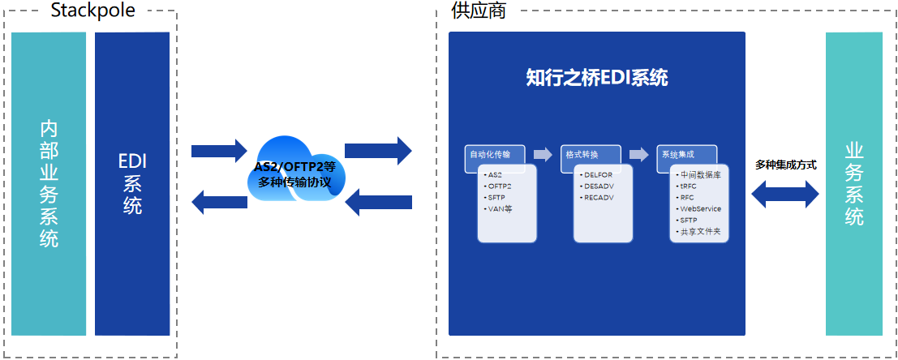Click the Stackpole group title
pos(92,10)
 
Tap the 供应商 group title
pos(478,10)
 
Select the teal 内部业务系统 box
pos(49,184)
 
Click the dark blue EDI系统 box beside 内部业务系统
pos(132,184)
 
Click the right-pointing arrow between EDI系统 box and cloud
pos(218,150)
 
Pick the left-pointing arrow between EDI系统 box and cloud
pos(218,199)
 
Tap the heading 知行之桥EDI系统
pos(596,78)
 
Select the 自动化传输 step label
pos(491,154)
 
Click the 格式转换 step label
pos(582,154)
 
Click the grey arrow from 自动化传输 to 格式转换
pos(542,154)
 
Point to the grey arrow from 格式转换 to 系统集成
pos(638,154)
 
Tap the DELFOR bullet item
pos(599,174)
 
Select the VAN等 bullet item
pos(500,208)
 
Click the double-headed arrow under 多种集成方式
pos(785,194)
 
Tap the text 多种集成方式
pos(785,165)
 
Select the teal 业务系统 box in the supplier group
pos(853,184)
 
